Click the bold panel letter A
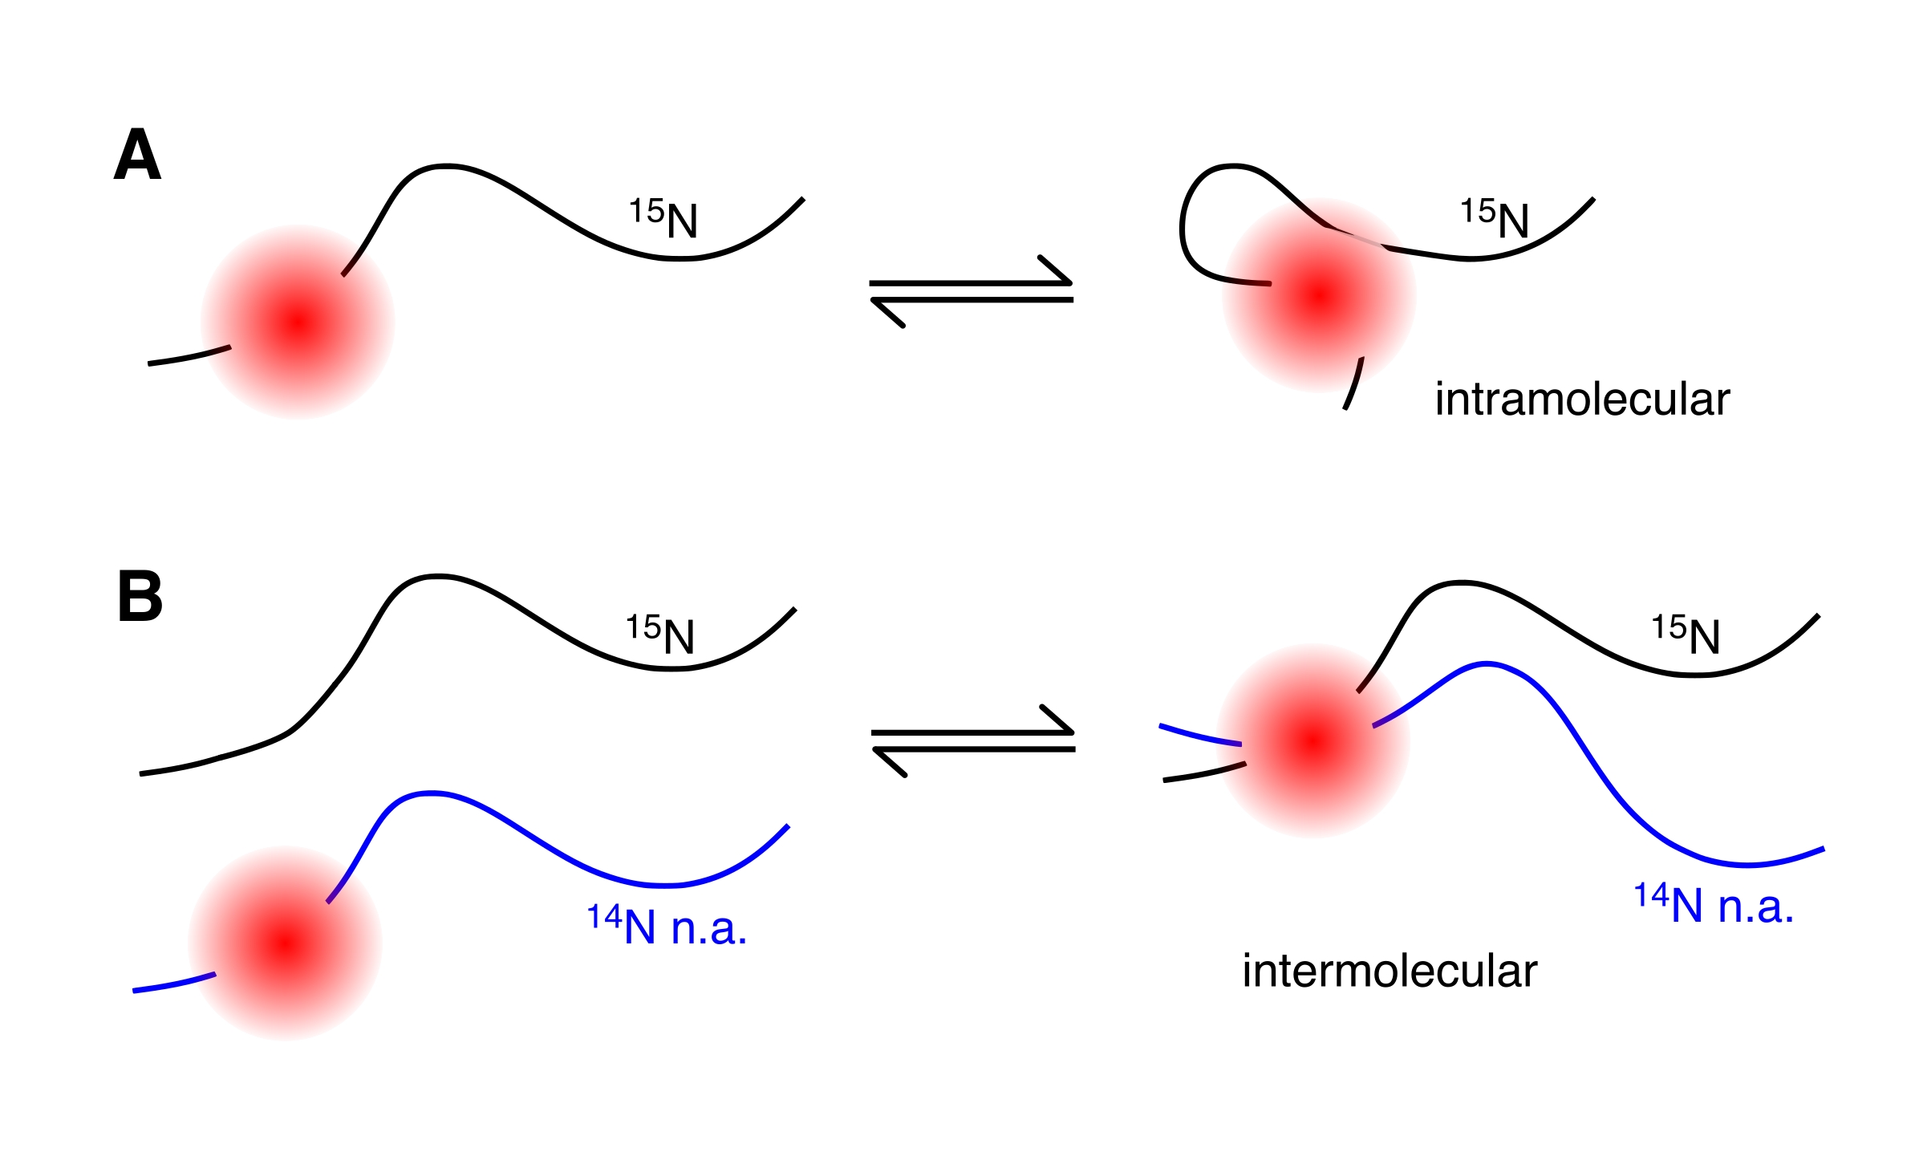pyautogui.click(x=137, y=155)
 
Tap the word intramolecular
pyautogui.click(x=1582, y=399)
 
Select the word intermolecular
pyautogui.click(x=1390, y=971)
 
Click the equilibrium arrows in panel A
pyautogui.click(x=972, y=291)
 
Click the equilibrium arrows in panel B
pyautogui.click(x=973, y=740)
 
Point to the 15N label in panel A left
pyautogui.click(x=663, y=218)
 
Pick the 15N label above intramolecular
pyautogui.click(x=1494, y=218)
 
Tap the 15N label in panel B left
pyautogui.click(x=660, y=635)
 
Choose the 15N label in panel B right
pyautogui.click(x=1686, y=635)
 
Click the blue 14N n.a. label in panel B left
pyautogui.click(x=667, y=926)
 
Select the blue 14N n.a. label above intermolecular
pyautogui.click(x=1714, y=905)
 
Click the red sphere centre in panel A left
pyautogui.click(x=298, y=322)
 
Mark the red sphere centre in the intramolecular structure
pyautogui.click(x=1319, y=295)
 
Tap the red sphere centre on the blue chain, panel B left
pyautogui.click(x=285, y=943)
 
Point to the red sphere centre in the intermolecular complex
pyautogui.click(x=1312, y=740)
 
